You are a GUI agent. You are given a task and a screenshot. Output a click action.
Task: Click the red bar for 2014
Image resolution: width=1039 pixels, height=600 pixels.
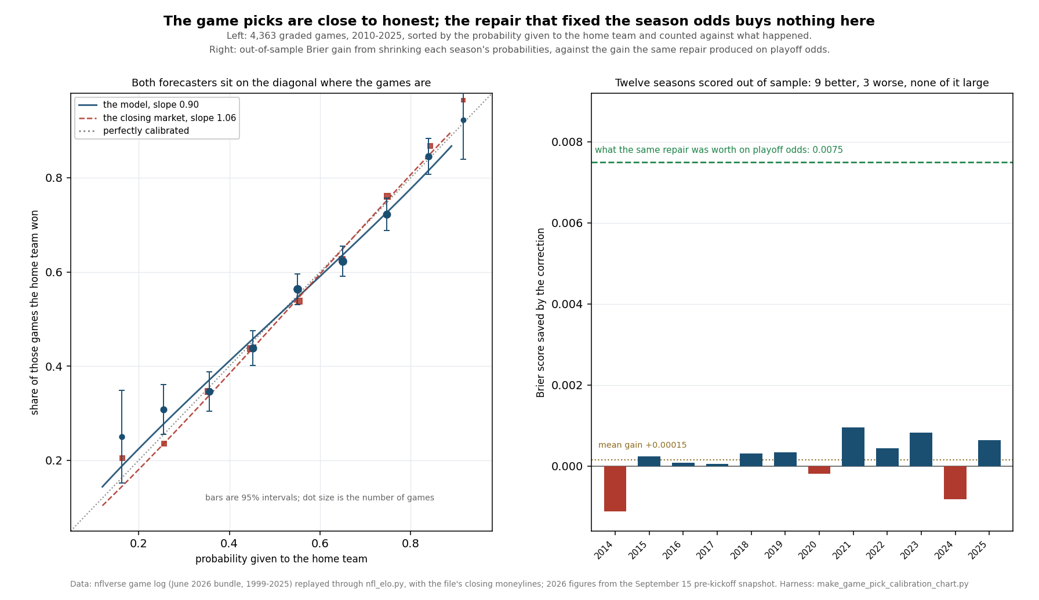[615, 489]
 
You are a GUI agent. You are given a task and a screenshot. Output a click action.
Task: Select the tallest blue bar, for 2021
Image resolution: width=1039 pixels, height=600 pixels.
[853, 447]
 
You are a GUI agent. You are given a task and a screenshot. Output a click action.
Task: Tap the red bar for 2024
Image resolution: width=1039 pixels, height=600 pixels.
[955, 482]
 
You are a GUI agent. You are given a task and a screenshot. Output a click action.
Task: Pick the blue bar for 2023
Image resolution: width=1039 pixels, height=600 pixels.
[921, 449]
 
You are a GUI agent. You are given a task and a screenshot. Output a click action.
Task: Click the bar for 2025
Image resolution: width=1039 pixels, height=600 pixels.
[989, 453]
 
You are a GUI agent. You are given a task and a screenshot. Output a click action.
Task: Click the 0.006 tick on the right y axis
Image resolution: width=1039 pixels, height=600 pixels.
[568, 223]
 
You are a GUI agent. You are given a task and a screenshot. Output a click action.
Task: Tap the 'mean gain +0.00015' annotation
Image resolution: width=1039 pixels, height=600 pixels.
[642, 445]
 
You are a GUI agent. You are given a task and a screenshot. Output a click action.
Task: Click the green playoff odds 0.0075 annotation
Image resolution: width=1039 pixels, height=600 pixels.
[719, 150]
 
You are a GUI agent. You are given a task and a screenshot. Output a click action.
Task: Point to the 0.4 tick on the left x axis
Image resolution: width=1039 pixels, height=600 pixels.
[229, 544]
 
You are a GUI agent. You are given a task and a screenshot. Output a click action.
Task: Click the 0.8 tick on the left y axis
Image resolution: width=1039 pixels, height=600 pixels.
[54, 178]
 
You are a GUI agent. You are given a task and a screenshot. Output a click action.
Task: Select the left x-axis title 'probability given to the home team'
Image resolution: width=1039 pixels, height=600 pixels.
[281, 559]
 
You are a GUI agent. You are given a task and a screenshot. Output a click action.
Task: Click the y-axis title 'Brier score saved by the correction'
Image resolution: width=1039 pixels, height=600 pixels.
[541, 312]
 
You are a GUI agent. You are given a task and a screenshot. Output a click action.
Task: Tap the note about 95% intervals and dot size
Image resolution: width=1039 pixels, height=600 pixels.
[319, 497]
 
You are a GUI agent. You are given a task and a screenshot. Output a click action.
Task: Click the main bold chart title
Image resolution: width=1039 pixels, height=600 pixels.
[519, 21]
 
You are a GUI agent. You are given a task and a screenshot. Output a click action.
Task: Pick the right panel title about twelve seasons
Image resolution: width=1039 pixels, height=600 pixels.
[802, 83]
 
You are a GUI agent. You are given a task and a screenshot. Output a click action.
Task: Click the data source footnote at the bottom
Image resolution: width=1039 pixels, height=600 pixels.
[519, 584]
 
